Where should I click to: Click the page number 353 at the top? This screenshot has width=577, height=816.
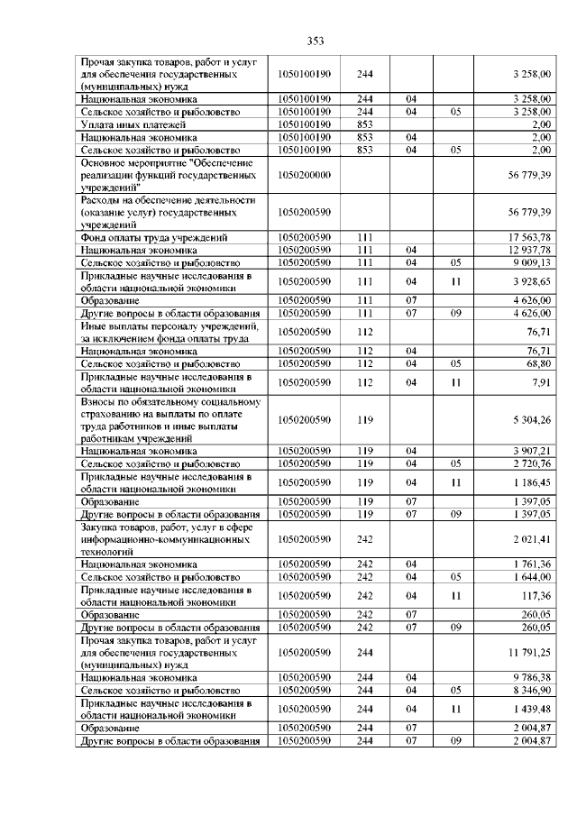(315, 41)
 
